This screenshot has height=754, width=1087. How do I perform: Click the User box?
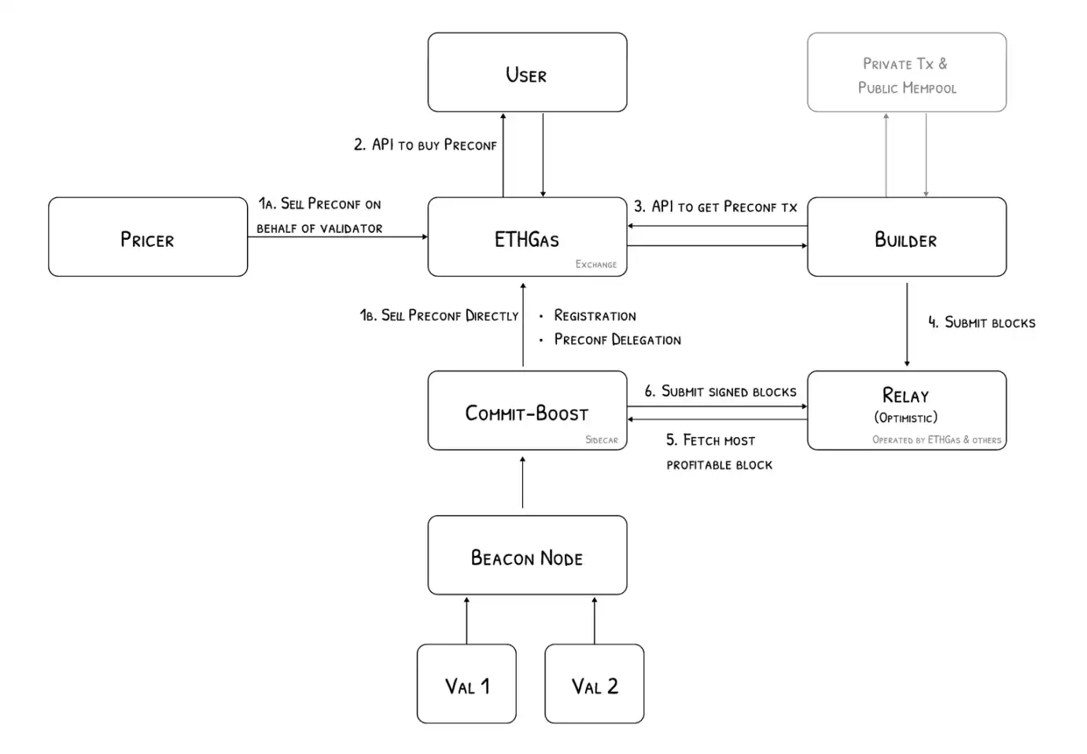[527, 72]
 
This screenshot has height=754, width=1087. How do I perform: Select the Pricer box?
[148, 237]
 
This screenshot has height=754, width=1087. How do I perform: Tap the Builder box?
[906, 237]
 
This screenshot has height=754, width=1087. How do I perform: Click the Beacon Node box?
[527, 555]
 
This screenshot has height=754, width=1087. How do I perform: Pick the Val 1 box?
[466, 684]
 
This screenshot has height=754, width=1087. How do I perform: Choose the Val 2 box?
[595, 684]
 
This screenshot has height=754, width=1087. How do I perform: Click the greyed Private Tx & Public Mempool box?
[906, 72]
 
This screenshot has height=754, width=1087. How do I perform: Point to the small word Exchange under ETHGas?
[595, 264]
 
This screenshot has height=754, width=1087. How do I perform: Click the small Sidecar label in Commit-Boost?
[601, 440]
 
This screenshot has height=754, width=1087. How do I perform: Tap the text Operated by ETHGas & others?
[936, 440]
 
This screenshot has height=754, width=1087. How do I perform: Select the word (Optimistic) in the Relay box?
[905, 417]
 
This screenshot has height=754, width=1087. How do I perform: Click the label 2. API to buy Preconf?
[425, 145]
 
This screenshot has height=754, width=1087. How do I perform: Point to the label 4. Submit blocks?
[982, 322]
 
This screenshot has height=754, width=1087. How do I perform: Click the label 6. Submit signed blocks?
[720, 391]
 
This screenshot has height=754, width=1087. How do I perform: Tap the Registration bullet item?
[595, 315]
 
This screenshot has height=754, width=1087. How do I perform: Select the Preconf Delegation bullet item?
[617, 340]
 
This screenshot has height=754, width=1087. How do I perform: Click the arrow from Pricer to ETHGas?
[337, 237]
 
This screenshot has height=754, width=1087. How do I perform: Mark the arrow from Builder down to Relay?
[907, 324]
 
